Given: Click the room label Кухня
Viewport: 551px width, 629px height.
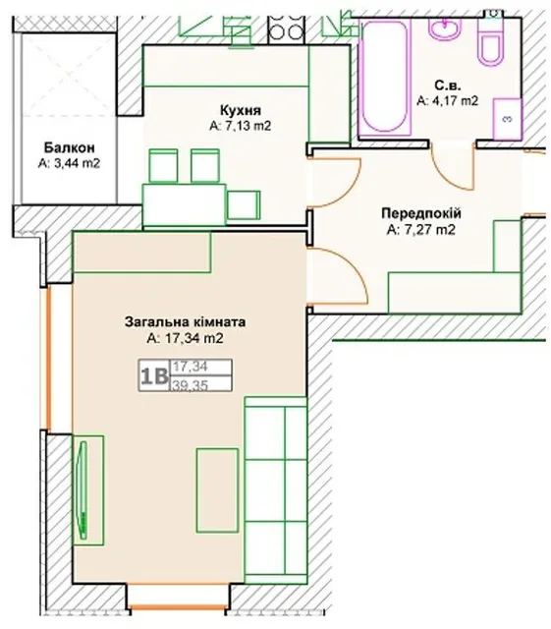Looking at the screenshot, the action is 241,109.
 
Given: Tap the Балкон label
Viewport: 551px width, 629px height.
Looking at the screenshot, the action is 69,147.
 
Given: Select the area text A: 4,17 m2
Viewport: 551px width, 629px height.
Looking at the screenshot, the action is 448,100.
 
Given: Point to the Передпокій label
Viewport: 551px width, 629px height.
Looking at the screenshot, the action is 421,213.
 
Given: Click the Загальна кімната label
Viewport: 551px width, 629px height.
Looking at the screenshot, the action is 185,322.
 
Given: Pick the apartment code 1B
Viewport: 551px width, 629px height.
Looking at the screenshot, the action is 153,376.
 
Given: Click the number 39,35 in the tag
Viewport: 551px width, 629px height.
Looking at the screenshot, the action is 191,385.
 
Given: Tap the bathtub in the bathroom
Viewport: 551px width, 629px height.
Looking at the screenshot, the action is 385,76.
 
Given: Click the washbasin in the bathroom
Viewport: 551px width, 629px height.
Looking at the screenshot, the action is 445,29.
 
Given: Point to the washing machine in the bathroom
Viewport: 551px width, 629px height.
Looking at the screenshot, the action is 508,119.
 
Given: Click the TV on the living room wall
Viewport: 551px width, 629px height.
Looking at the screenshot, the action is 83,489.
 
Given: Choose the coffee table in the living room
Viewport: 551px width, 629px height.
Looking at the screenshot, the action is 217,490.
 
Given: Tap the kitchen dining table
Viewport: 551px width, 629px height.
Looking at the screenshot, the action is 185,204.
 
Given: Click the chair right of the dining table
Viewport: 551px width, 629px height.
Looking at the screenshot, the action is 244,205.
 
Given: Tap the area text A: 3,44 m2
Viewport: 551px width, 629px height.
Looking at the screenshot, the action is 69,163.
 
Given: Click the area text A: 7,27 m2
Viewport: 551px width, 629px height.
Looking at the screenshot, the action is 421,230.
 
